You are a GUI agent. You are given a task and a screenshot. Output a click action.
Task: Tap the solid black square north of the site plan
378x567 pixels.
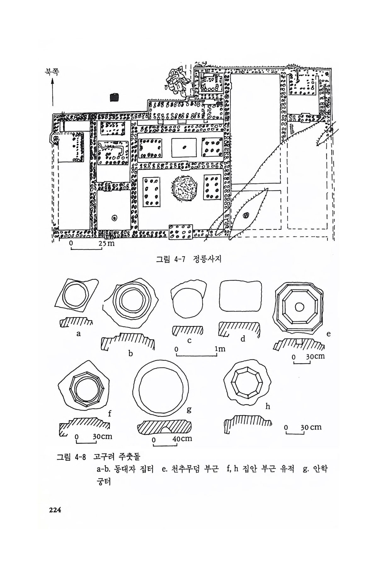pyautogui.click(x=114, y=97)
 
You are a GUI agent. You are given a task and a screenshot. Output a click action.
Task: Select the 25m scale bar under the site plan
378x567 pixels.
pyautogui.click(x=86, y=249)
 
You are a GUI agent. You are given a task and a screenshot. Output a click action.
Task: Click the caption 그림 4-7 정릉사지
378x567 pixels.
pyautogui.click(x=189, y=260)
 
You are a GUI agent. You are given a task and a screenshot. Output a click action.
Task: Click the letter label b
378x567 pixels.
pyautogui.click(x=130, y=354)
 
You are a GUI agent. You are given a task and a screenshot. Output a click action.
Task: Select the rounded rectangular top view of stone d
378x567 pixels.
pyautogui.click(x=241, y=296)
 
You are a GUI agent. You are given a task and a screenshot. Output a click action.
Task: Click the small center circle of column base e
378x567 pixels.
pyautogui.click(x=299, y=306)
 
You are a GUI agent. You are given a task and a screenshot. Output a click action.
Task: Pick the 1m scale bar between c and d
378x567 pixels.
pyautogui.click(x=197, y=355)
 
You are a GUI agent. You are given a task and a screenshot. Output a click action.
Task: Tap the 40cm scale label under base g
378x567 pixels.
pyautogui.click(x=182, y=438)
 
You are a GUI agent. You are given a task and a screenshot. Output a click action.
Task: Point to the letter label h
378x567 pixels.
pyautogui.click(x=268, y=407)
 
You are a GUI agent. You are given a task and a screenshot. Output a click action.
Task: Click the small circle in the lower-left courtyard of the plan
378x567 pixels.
pyautogui.click(x=114, y=218)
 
